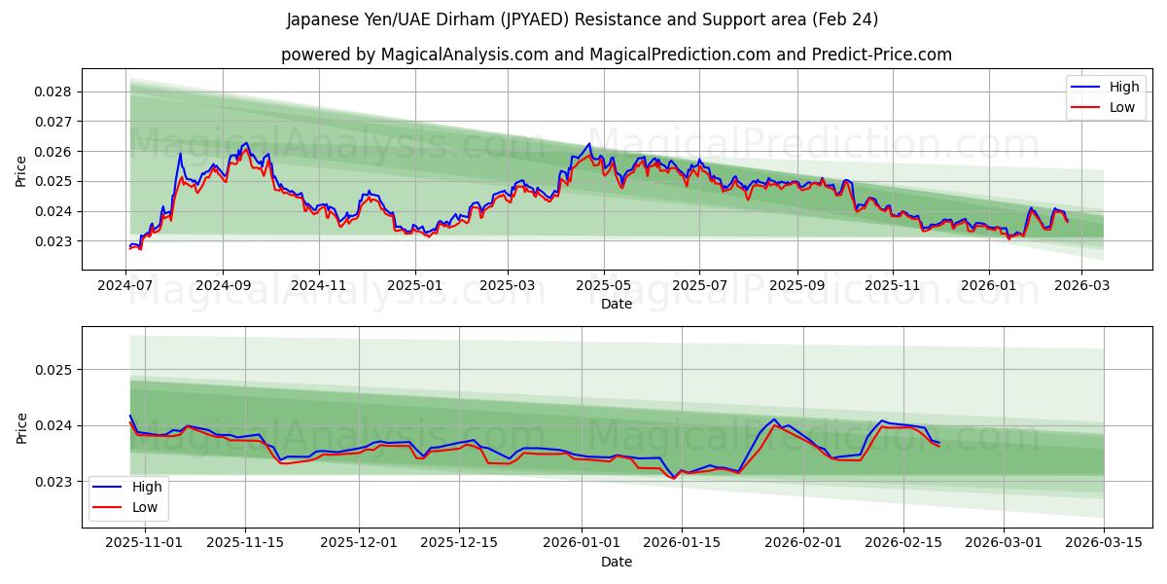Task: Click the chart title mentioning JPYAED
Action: coord(583,19)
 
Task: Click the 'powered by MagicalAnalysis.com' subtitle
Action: coord(617,55)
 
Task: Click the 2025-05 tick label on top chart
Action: coord(604,285)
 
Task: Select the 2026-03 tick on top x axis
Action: coord(1081,285)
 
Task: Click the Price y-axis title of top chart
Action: coord(21,169)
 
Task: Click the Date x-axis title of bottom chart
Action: coord(617,562)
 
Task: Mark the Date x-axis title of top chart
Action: coord(617,304)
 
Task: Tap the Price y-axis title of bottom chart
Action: coord(21,427)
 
